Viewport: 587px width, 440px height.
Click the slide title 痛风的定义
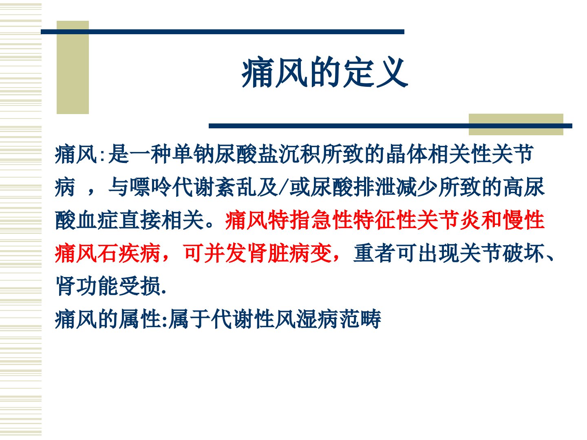[324, 73]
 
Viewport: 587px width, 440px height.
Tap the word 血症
[97, 220]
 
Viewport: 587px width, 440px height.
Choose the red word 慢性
[524, 220]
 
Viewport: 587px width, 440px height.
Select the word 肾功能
[87, 286]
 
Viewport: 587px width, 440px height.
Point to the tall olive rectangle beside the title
[73, 67]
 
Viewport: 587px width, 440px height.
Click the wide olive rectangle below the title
[516, 125]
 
